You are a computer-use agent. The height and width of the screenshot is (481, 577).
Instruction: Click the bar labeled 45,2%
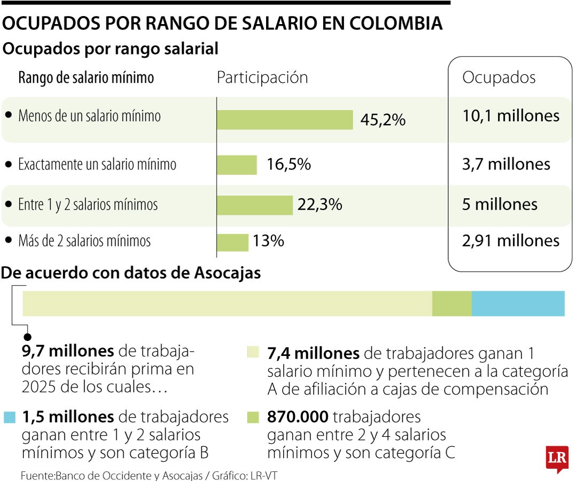(x=285, y=120)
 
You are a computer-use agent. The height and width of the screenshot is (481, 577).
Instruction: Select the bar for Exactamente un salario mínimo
(x=237, y=165)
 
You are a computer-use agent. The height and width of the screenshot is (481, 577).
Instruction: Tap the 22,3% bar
(x=255, y=205)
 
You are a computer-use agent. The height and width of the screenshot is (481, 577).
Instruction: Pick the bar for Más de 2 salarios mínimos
(x=232, y=242)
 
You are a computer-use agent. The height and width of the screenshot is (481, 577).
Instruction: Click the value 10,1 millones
(x=510, y=116)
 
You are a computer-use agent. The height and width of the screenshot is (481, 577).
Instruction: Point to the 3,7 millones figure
(x=505, y=164)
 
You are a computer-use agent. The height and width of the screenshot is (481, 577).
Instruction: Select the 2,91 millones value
(x=510, y=241)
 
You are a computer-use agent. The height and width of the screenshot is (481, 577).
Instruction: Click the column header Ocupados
(x=498, y=77)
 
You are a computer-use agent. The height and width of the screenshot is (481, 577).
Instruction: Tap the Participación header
(x=262, y=77)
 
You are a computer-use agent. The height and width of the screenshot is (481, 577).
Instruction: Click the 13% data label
(x=268, y=242)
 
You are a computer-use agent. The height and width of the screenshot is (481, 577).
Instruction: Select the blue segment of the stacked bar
(x=518, y=304)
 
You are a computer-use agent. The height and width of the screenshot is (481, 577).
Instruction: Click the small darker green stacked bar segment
(x=451, y=304)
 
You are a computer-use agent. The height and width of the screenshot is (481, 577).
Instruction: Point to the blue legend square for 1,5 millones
(x=10, y=416)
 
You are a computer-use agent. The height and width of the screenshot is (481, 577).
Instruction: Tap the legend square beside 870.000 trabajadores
(x=253, y=416)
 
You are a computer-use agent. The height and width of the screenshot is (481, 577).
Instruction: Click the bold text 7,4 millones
(x=313, y=354)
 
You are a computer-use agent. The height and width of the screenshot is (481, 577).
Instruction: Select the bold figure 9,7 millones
(x=67, y=351)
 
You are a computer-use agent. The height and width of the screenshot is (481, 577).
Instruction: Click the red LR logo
(x=556, y=458)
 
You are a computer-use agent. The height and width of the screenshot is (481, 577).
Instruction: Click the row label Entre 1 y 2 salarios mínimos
(x=88, y=205)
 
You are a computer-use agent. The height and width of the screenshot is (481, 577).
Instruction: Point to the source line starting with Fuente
(x=150, y=475)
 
